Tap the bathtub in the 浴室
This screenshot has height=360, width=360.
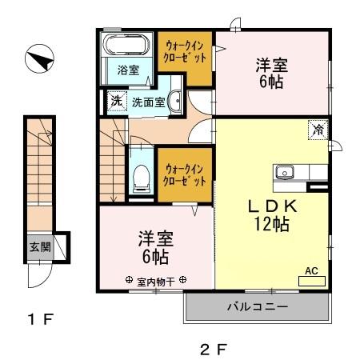127,45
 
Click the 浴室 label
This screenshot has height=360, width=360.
128,70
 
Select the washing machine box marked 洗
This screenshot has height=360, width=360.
117,102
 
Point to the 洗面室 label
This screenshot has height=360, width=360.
149,102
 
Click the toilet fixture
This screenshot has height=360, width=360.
141,178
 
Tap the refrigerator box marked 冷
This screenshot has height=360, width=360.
318,129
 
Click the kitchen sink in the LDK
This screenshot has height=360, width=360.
286,172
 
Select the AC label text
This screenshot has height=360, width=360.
313,270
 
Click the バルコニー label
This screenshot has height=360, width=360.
258,306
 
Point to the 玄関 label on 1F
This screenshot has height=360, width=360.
38,245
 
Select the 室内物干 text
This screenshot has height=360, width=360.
156,281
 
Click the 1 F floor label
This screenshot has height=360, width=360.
40,322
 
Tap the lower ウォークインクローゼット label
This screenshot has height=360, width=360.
186,174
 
